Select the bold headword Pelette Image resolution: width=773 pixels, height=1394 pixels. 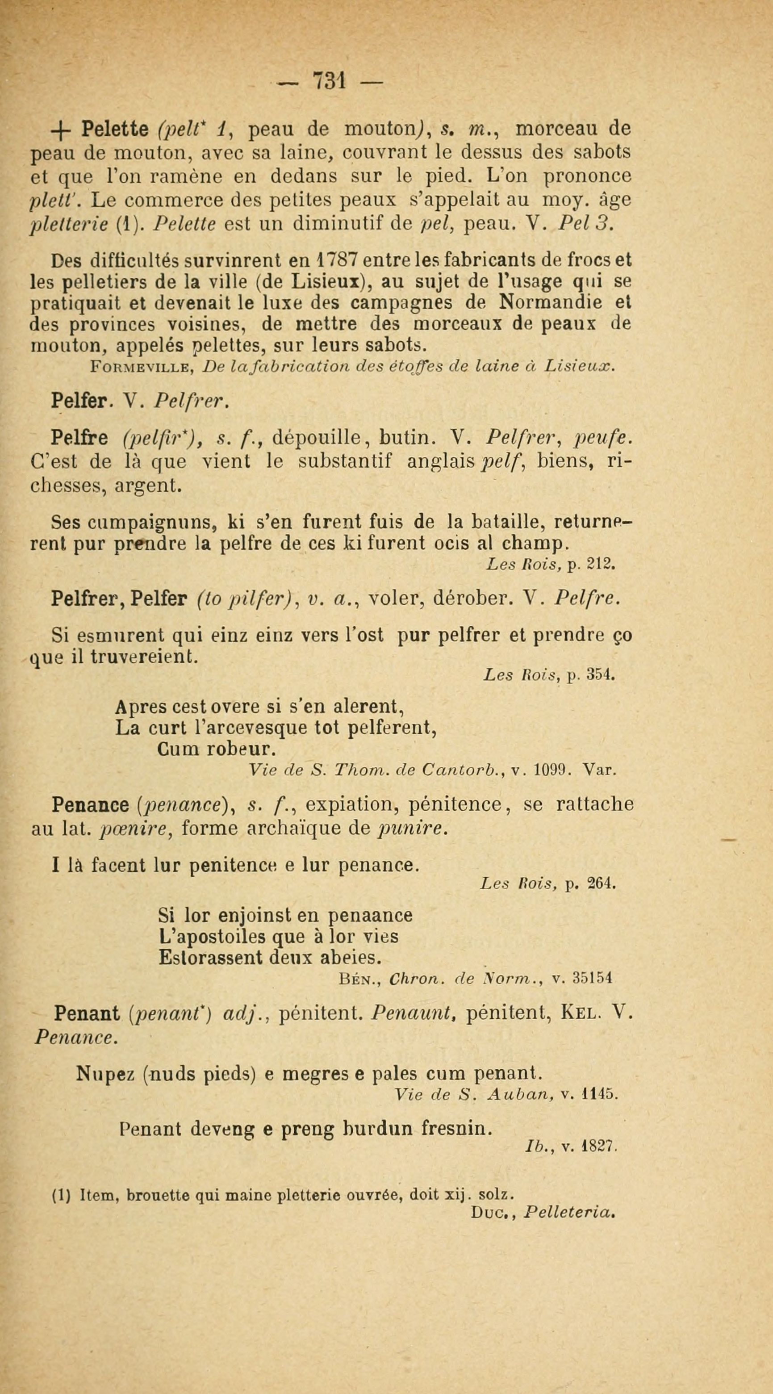(115, 130)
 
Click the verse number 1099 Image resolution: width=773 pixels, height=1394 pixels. (549, 770)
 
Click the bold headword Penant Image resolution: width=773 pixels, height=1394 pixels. (87, 1013)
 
